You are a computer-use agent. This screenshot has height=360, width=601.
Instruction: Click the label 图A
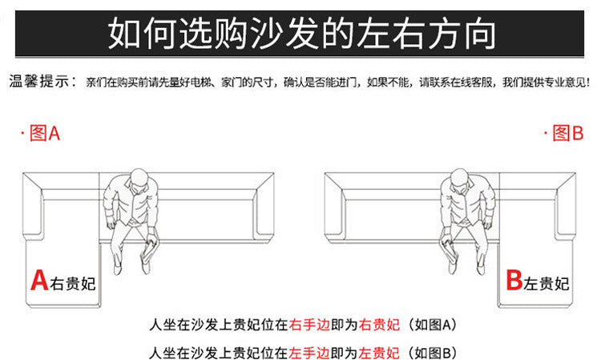tap(44, 134)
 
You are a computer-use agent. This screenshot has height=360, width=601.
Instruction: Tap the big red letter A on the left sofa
tap(39, 280)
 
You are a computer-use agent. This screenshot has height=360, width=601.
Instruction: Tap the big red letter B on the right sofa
tap(514, 280)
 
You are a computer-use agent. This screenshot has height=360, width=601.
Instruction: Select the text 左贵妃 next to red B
tap(547, 282)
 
